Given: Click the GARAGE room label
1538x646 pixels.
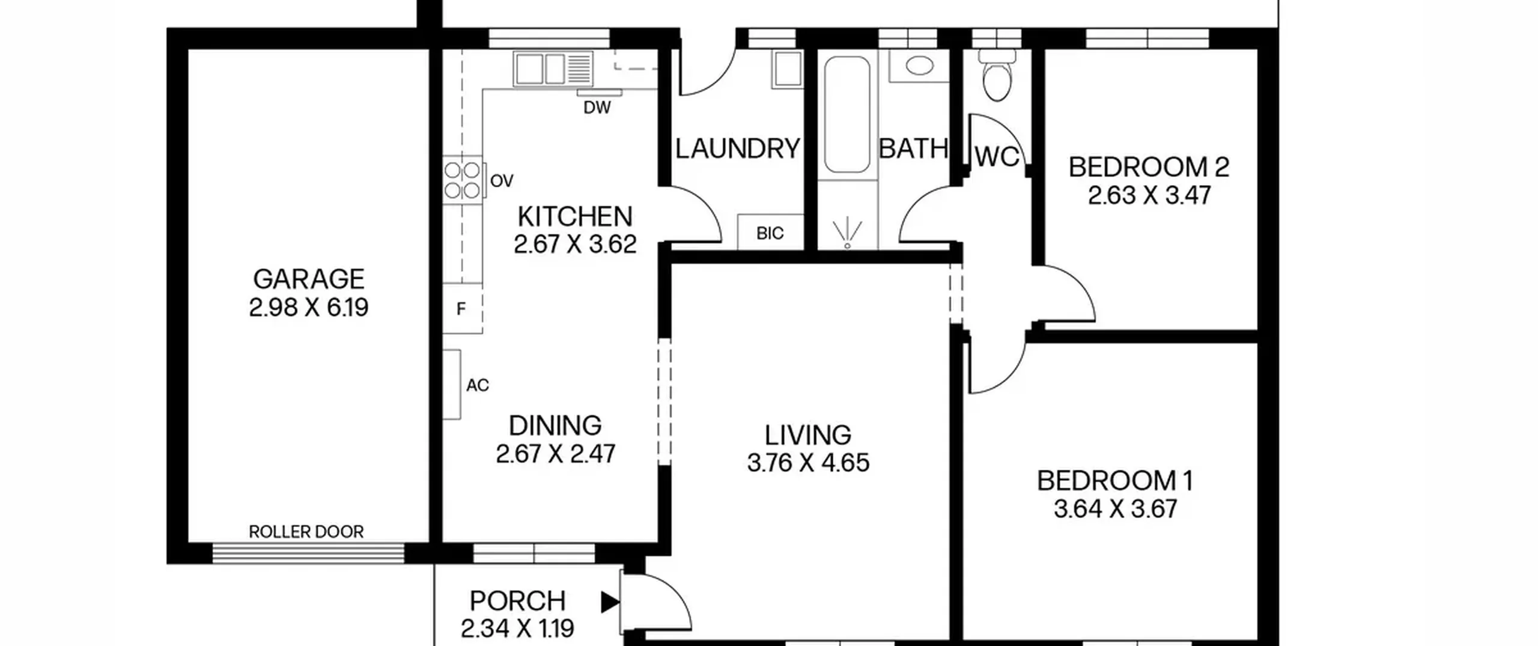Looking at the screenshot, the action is click(x=309, y=279).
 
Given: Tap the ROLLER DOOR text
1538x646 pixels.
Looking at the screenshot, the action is click(x=306, y=532).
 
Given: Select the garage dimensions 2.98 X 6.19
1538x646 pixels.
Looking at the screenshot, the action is click(x=309, y=308).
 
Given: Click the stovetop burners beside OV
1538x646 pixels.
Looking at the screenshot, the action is click(x=463, y=180).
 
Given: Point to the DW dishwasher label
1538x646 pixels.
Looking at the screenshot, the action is click(x=597, y=108).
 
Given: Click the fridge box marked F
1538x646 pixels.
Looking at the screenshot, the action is click(x=462, y=308).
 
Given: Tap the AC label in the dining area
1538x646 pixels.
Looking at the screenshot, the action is click(x=478, y=385).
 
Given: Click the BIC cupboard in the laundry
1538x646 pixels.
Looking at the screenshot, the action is click(x=770, y=233).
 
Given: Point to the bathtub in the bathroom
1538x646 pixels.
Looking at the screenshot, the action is click(x=847, y=114).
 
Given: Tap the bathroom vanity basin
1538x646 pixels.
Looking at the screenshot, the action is click(x=919, y=66).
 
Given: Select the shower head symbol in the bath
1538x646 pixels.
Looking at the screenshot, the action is click(x=847, y=234).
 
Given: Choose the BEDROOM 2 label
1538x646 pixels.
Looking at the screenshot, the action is click(x=1149, y=168).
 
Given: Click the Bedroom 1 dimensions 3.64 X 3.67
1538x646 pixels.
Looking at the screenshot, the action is click(x=1116, y=509).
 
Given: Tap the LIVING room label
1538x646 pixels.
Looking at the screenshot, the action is click(x=808, y=434).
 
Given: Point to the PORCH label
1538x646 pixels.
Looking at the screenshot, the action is click(x=518, y=601).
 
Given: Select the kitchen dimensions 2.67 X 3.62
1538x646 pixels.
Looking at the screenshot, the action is click(x=575, y=245).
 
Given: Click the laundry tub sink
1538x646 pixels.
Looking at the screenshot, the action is click(x=787, y=69).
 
